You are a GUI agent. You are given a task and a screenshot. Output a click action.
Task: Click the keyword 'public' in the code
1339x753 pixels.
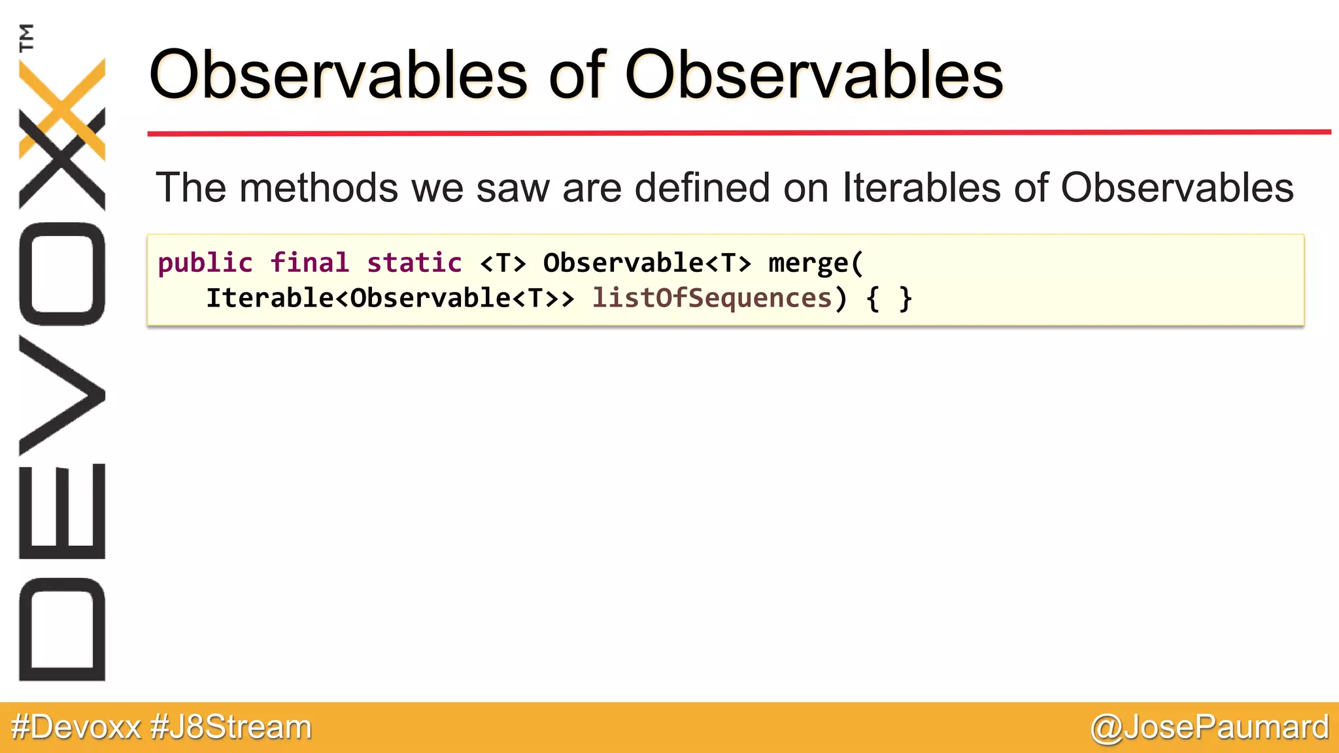click(205, 263)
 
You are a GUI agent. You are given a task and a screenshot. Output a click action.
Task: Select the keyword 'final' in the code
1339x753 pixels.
click(310, 263)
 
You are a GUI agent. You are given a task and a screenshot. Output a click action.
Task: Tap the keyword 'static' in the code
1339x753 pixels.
click(415, 263)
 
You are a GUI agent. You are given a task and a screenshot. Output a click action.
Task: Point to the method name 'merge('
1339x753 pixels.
click(816, 263)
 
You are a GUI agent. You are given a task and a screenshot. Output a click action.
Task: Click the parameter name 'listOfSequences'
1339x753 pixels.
click(711, 299)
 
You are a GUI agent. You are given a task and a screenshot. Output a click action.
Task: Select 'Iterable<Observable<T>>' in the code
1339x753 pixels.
click(390, 299)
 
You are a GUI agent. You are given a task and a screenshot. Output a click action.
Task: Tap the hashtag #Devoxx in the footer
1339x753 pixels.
click(76, 728)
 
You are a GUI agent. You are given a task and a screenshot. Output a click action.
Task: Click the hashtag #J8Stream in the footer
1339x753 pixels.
click(231, 728)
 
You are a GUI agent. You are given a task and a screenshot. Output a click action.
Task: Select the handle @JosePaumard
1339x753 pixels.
click(1210, 728)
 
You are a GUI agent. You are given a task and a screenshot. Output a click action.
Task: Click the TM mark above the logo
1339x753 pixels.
click(27, 37)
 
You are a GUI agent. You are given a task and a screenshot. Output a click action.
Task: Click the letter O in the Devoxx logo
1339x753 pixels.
click(62, 273)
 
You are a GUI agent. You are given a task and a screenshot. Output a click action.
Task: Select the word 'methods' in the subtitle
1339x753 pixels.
click(319, 188)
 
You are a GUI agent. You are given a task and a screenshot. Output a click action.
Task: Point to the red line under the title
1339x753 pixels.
click(739, 133)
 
